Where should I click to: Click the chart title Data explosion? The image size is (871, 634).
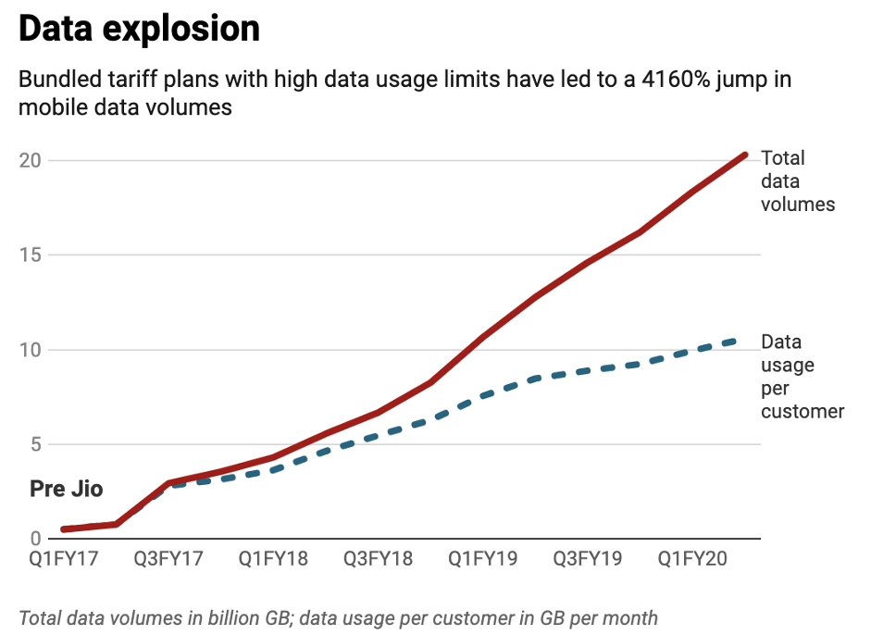[139, 30]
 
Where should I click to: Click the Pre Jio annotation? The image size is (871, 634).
[66, 489]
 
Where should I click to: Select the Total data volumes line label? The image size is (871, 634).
[796, 181]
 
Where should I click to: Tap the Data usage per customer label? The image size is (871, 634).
[802, 377]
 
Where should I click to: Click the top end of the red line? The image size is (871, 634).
[745, 155]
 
